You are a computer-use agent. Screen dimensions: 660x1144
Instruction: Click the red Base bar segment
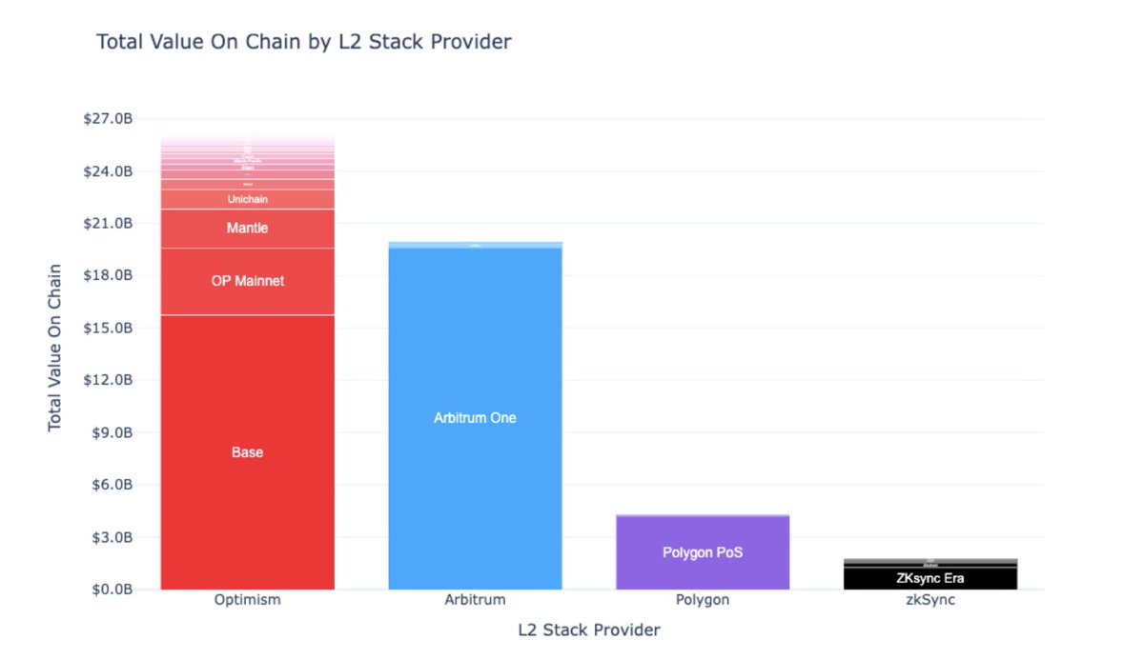(x=247, y=452)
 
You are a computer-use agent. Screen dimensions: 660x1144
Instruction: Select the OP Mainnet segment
(x=247, y=281)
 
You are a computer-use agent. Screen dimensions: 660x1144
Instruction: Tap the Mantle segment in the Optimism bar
(x=247, y=229)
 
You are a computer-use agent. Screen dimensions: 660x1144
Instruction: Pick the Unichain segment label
(x=247, y=199)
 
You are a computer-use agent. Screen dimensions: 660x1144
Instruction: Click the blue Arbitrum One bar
(x=475, y=417)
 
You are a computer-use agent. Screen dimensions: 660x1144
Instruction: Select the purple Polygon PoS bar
(x=703, y=552)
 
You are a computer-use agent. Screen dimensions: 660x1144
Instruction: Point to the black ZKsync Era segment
(x=930, y=577)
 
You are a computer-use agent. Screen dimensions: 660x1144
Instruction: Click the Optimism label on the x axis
(x=247, y=600)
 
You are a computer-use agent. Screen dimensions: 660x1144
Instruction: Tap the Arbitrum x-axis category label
(x=475, y=600)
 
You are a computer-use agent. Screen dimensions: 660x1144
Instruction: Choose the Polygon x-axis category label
(x=703, y=600)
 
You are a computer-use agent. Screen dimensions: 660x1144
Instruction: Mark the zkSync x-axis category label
(x=930, y=600)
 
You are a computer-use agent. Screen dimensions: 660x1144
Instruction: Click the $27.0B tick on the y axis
(x=108, y=119)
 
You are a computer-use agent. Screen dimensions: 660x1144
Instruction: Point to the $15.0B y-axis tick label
(x=108, y=328)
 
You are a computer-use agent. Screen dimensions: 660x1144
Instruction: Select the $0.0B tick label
(x=111, y=590)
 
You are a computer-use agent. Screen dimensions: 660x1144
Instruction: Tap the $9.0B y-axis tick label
(x=111, y=432)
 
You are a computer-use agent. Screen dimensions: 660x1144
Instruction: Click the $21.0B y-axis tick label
(x=108, y=224)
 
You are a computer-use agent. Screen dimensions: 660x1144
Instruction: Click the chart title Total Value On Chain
(x=303, y=42)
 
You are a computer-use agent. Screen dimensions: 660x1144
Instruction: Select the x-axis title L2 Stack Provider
(x=588, y=630)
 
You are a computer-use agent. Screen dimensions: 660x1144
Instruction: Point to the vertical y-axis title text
(x=55, y=347)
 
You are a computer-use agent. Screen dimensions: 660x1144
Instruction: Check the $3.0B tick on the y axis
(x=111, y=537)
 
